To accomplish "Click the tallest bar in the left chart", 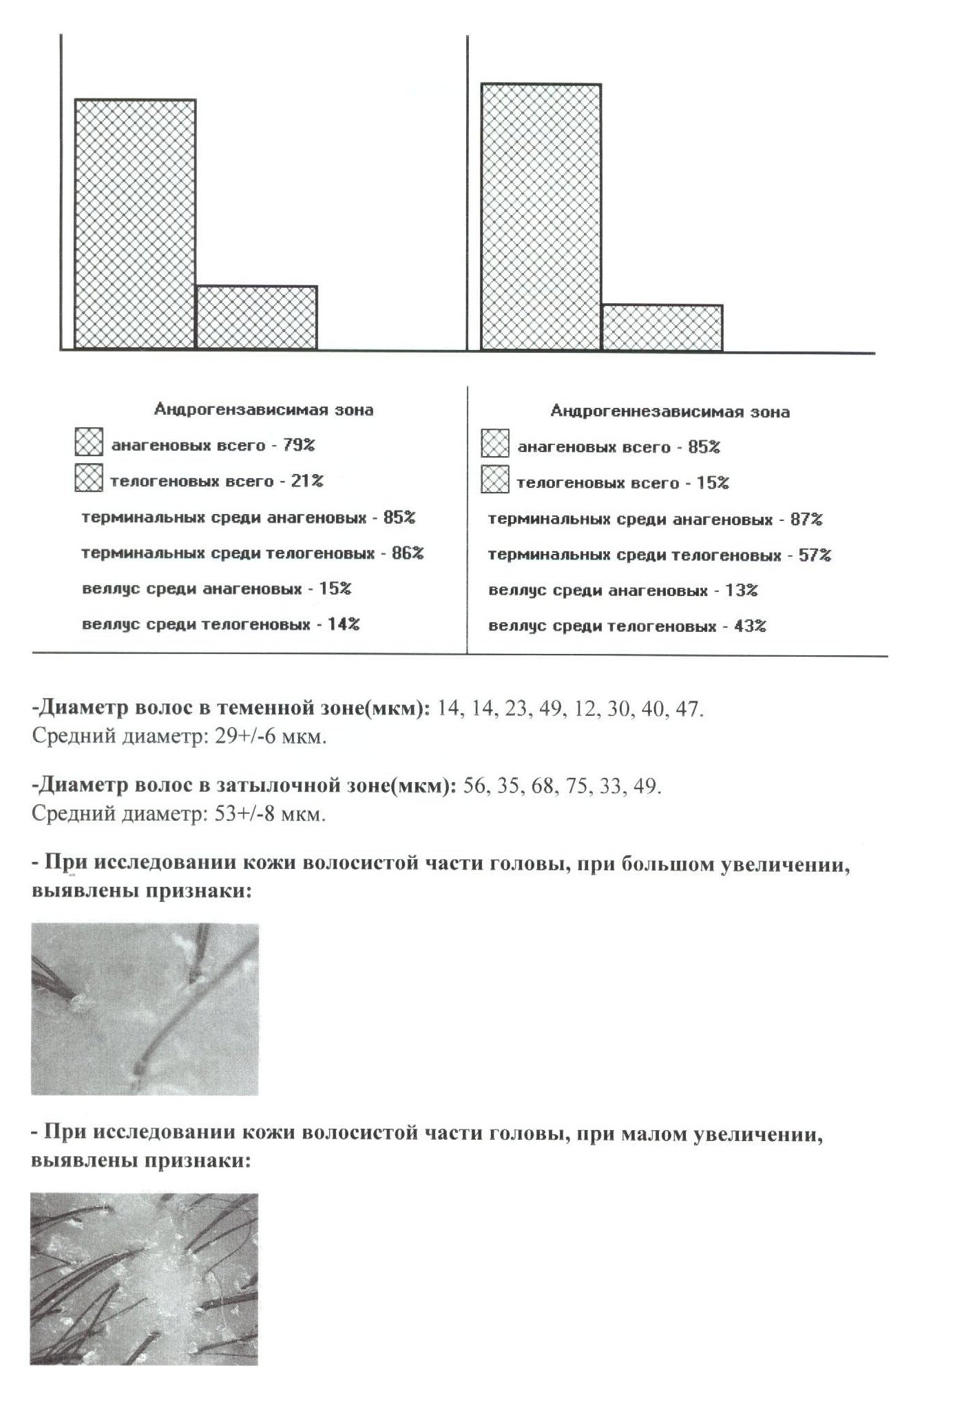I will pyautogui.click(x=135, y=224).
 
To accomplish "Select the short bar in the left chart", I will pyautogui.click(x=256, y=317).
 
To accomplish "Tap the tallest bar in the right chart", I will pyautogui.click(x=541, y=217).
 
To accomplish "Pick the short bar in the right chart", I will pyautogui.click(x=662, y=327).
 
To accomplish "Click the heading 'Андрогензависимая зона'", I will pyautogui.click(x=264, y=410).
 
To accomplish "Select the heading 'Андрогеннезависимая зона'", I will pyautogui.click(x=670, y=412).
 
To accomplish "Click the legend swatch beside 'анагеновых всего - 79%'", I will pyautogui.click(x=88, y=443).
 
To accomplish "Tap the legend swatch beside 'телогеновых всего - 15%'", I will pyautogui.click(x=495, y=480).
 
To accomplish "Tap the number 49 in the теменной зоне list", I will pyautogui.click(x=552, y=710).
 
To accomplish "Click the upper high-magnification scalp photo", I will pyautogui.click(x=145, y=1009).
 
